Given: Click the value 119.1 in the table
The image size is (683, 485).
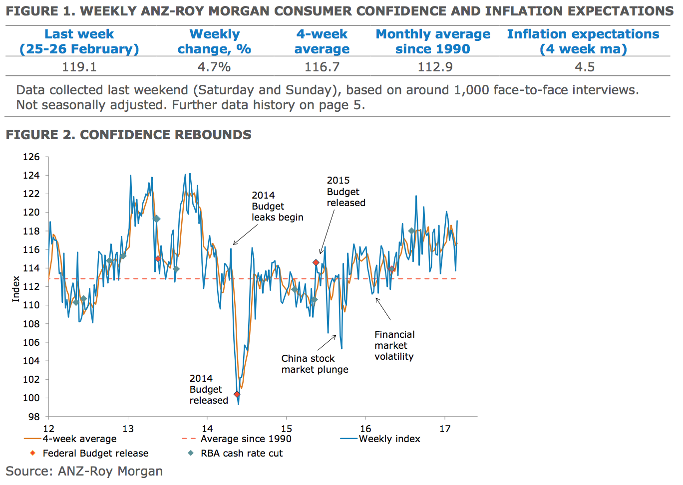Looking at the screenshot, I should coord(79,67).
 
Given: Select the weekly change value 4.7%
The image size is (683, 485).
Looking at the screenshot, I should coord(214,67).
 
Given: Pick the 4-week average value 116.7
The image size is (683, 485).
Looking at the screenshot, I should coord(322,67).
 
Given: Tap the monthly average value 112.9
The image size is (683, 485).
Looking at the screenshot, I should coord(435,67).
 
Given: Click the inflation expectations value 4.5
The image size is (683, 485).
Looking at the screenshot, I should coord(584,67).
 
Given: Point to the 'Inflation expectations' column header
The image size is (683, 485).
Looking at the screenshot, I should coord(583,41).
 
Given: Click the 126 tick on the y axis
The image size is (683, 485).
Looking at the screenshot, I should coord(31,157).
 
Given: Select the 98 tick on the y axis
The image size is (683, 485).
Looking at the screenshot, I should coord(33,417).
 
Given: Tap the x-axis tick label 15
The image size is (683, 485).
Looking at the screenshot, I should coord(286,429).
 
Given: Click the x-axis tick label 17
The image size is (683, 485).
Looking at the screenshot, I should coord(445,429).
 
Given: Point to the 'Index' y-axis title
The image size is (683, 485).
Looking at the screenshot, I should coord(16,289).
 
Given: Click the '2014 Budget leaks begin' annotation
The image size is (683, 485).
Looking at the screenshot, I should coord(277,206).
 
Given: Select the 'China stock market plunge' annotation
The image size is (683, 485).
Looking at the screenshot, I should coord(315,364).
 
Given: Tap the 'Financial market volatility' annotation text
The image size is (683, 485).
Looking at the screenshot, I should coord(394,345).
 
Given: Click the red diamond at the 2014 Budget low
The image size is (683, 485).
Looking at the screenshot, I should coord(237,394).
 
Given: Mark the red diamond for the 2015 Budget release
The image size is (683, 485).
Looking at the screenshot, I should coord(316,262).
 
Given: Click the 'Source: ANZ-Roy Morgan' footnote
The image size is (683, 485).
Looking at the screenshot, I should coord(84,471).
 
